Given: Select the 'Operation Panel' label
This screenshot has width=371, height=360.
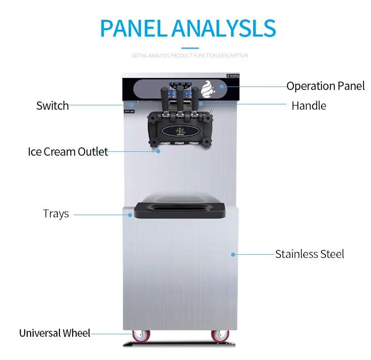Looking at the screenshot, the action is pos(325,86).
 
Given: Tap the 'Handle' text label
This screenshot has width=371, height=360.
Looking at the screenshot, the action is pos(309,105).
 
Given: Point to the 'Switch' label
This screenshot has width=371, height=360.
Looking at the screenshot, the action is pos(52,105).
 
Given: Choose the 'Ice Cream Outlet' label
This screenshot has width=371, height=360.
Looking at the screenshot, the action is pos(68,151).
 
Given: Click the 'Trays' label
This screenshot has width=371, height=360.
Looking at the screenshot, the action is pos(56,214).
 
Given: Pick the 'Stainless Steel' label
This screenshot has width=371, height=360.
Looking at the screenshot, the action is pos(310,254).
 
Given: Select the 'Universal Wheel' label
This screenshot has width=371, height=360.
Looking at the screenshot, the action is pos(55,333).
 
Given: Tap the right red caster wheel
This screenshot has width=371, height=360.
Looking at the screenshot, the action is pos(221,336).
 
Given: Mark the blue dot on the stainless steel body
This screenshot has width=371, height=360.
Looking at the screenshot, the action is pos(232,254).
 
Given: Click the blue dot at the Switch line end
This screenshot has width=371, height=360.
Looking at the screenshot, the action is pos(132,105).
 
